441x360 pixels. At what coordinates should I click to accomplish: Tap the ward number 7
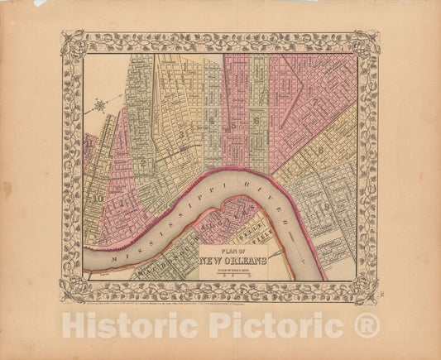tap(314, 101)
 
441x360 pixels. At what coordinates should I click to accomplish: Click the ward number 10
tap(98, 199)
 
